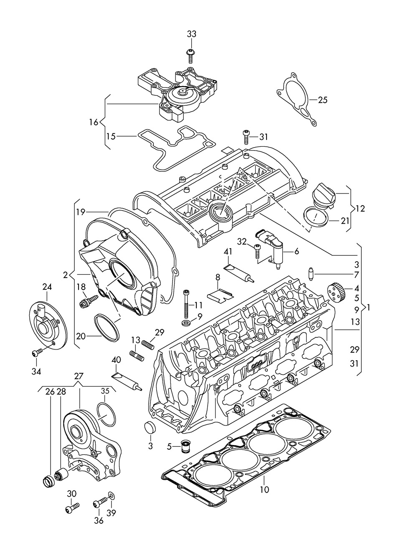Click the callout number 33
[x=191, y=34]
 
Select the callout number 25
[x=322, y=100]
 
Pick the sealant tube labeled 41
[x=239, y=273]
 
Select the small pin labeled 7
[x=311, y=274]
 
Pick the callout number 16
[x=94, y=122]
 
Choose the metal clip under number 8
[x=220, y=296]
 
